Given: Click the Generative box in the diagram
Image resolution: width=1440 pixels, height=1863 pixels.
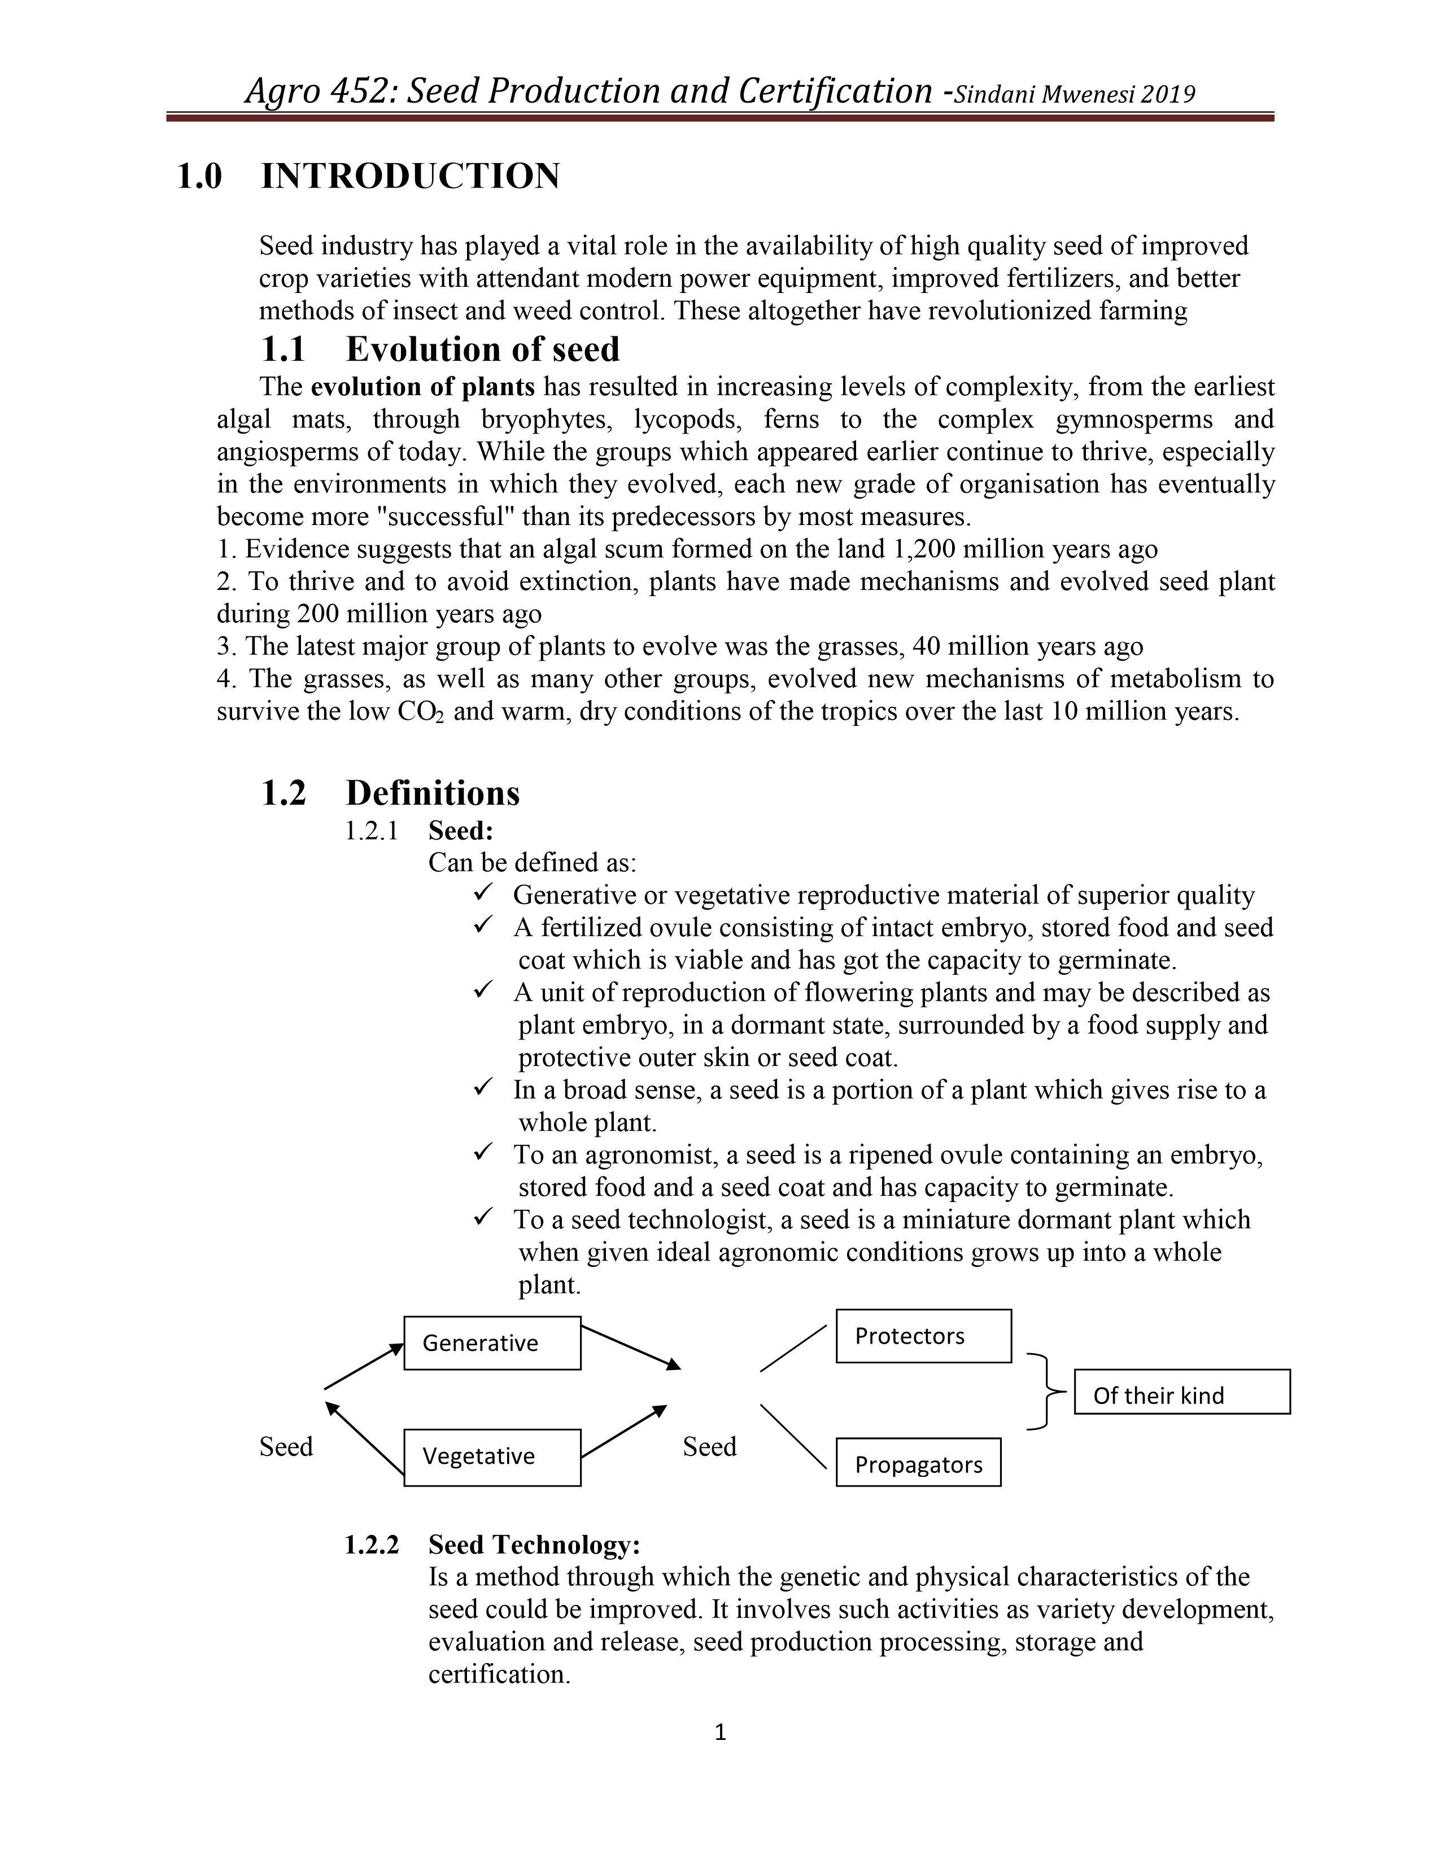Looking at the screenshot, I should point(492,1342).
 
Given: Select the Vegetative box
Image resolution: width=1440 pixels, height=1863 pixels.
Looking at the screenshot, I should point(492,1456).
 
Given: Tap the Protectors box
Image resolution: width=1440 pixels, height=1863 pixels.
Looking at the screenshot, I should point(923,1336).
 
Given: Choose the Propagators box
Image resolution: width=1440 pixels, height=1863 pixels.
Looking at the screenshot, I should point(918,1464).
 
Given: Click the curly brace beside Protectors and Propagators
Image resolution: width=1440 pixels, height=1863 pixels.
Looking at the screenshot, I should point(1044,1391).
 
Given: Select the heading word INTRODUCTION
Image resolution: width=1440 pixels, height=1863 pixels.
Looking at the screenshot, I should point(411,177).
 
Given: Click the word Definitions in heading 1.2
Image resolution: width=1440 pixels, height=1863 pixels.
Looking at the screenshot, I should point(433,793).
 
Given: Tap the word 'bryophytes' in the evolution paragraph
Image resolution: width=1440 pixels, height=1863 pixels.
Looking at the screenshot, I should point(543,419).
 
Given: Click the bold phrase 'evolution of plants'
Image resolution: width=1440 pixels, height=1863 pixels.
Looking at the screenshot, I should point(422,387).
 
